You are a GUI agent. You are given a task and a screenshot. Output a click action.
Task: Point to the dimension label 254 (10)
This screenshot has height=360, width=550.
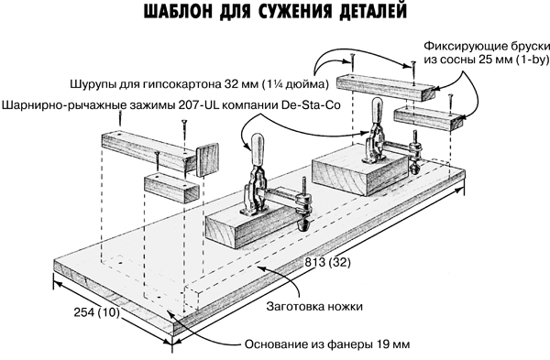coord(96,314)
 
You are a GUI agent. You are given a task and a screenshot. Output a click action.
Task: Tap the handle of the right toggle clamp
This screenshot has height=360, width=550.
coord(374,115)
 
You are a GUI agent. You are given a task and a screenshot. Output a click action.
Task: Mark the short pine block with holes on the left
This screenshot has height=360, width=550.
coord(171,185)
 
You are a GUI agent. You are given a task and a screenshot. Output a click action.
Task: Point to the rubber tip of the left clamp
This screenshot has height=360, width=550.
coord(300,222)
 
